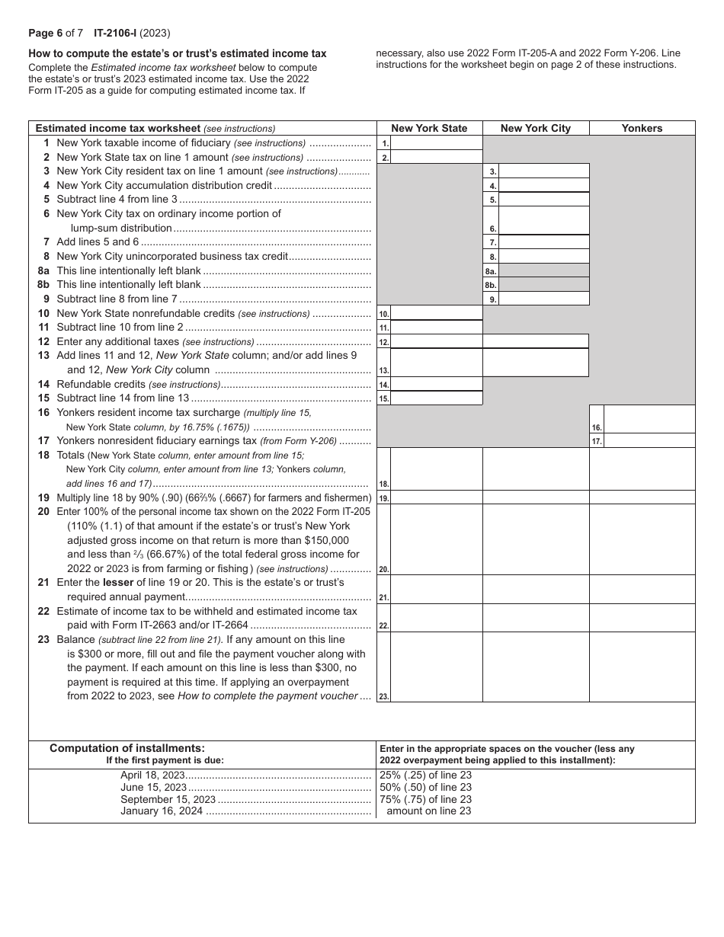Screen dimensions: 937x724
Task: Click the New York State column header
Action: tap(429, 128)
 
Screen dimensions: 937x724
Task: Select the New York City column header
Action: tap(535, 128)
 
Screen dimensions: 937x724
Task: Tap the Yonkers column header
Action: tap(642, 128)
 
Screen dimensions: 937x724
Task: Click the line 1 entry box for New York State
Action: tap(437, 142)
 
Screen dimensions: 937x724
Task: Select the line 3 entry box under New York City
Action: tap(543, 171)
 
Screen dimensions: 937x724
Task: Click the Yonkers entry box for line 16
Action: tap(649, 420)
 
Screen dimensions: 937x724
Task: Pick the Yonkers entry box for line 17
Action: tap(649, 440)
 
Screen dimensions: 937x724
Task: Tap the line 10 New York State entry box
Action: tap(437, 313)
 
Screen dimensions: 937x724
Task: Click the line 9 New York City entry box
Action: tap(543, 299)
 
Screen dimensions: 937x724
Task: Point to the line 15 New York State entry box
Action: tap(437, 398)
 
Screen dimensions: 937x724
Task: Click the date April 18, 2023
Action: tap(152, 776)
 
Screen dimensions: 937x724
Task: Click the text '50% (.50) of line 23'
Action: tap(425, 788)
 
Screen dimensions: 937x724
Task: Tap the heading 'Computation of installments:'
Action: tap(127, 748)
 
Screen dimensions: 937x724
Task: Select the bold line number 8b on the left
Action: tap(43, 284)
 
